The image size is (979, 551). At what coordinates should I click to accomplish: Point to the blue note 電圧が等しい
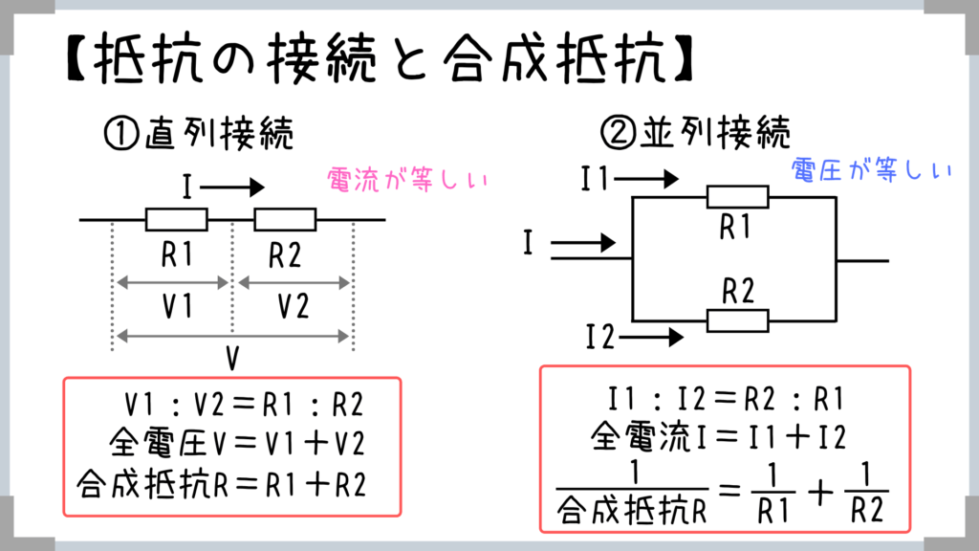871,170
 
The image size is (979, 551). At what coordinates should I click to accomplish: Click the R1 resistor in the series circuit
176,220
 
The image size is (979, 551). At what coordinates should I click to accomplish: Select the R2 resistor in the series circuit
285,220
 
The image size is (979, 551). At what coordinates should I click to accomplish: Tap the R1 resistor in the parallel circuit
736,197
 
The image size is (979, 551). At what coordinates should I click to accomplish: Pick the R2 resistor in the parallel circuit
736,320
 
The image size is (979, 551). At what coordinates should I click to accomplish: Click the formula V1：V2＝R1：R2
245,405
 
